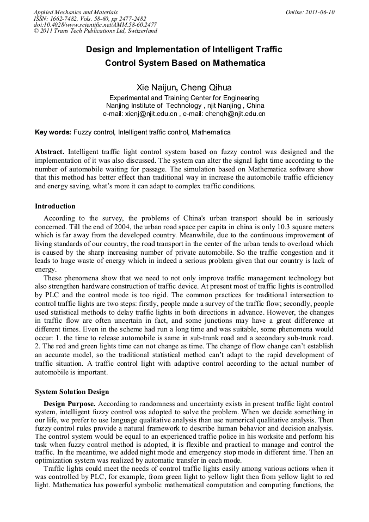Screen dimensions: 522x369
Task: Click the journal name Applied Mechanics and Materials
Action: pos(75,12)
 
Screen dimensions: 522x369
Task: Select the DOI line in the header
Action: pos(95,25)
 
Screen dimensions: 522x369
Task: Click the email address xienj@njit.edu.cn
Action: pos(152,114)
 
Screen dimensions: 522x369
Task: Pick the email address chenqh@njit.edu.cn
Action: pos(235,114)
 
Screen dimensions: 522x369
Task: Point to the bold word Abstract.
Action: pos(50,151)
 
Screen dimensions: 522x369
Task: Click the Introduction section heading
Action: pos(55,206)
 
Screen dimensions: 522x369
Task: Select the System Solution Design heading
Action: pos(72,392)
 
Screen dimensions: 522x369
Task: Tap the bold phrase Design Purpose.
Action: pos(70,404)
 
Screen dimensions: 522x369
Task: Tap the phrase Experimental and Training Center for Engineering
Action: pos(184,97)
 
